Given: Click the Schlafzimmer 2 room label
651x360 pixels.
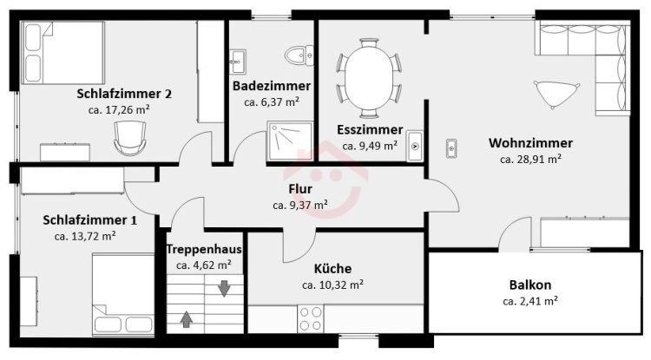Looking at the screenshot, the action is pyautogui.click(x=124, y=94).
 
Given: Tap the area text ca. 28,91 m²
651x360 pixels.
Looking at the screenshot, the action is pyautogui.click(x=530, y=160).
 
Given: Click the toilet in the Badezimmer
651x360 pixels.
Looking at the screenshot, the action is pyautogui.click(x=299, y=55).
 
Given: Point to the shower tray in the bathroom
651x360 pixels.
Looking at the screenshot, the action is pyautogui.click(x=290, y=141).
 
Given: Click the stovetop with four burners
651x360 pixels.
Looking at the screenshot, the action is pyautogui.click(x=310, y=318).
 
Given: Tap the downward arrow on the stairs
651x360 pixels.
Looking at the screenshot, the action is pyautogui.click(x=224, y=288).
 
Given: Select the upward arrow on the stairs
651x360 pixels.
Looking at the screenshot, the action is pyautogui.click(x=187, y=319).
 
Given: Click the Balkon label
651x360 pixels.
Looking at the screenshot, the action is pyautogui.click(x=530, y=285).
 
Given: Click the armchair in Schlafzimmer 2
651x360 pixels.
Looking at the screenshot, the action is pyautogui.click(x=130, y=138).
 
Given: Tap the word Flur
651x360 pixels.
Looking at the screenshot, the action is pyautogui.click(x=300, y=189).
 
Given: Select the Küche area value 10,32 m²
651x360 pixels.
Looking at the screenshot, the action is pyautogui.click(x=333, y=285).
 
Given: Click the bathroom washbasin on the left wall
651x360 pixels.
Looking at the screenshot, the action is pyautogui.click(x=238, y=62).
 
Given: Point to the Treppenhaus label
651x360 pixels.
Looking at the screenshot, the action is pyautogui.click(x=204, y=249).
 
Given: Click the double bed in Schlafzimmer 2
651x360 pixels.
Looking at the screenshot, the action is pyautogui.click(x=63, y=53).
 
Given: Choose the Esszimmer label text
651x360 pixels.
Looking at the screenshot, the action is pyautogui.click(x=370, y=130).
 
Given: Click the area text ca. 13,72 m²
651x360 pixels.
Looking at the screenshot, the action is pyautogui.click(x=85, y=237).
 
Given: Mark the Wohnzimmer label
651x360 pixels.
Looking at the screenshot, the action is pyautogui.click(x=530, y=143).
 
